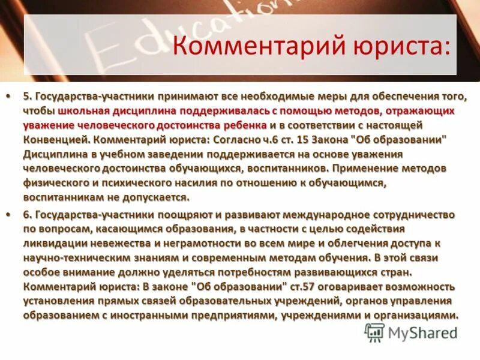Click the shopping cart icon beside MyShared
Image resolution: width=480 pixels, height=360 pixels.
[x=374, y=332]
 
